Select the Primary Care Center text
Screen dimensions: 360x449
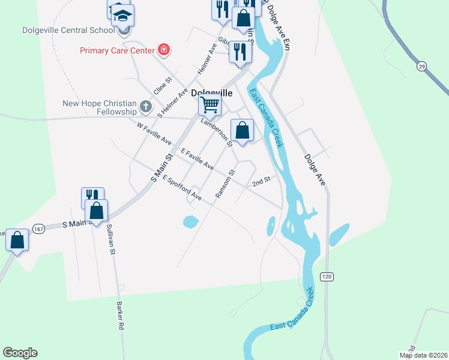[117, 50]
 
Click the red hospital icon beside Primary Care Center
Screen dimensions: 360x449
[163, 49]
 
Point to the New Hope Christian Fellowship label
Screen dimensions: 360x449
[100, 107]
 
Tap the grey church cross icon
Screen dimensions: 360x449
[145, 107]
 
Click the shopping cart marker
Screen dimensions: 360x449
[210, 105]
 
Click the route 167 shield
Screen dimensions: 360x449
[39, 229]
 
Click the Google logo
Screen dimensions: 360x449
[20, 353]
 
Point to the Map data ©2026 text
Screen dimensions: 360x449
[423, 355]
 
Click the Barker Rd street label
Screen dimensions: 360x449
[120, 316]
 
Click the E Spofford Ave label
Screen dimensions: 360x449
[182, 188]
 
